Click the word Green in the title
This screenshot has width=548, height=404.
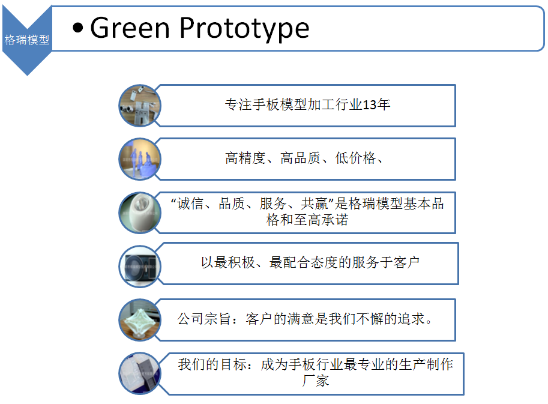tap(130, 28)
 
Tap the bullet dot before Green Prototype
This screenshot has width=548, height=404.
tap(78, 28)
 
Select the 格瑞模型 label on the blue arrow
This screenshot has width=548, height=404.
tap(27, 40)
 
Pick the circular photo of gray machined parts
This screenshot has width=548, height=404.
tap(140, 106)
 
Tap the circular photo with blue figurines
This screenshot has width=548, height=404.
tap(140, 159)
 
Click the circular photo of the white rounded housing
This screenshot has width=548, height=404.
tap(140, 213)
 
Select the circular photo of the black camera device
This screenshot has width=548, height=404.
tap(140, 267)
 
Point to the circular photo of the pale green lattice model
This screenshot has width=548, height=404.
tap(140, 320)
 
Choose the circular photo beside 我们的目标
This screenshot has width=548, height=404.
tap(140, 373)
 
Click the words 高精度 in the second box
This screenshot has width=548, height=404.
tap(245, 158)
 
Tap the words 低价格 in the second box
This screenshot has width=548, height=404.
tap(355, 158)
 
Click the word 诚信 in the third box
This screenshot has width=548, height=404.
tap(190, 204)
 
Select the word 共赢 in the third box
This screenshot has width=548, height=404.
tap(314, 204)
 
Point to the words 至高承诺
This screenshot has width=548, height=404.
tap(321, 220)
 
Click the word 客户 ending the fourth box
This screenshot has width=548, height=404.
tap(406, 262)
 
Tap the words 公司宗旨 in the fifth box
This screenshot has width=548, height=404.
tap(204, 319)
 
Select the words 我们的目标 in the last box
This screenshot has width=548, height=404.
tap(212, 364)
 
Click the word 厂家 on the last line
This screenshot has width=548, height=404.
tap(316, 381)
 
